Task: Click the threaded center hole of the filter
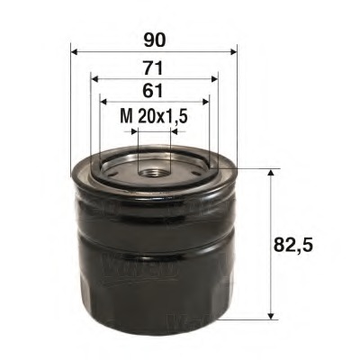152,167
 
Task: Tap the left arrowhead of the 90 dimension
72,51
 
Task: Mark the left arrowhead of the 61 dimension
102,102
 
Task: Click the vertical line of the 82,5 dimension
271,243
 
